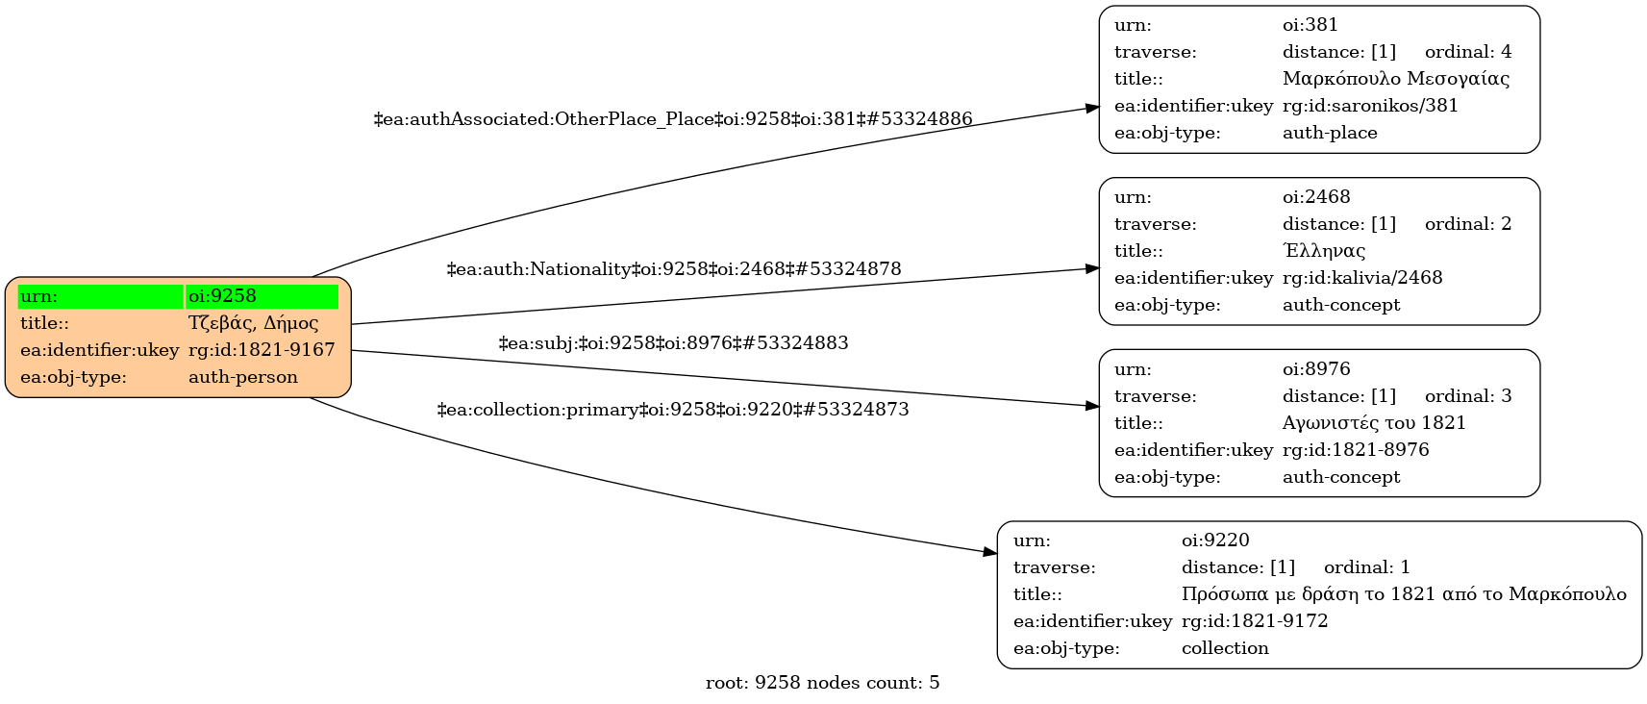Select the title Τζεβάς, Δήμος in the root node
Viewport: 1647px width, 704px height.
click(x=253, y=323)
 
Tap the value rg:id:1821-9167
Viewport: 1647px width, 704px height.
click(x=262, y=350)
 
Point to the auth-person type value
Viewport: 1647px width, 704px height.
click(x=242, y=377)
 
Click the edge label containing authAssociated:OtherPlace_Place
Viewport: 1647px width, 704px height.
click(x=673, y=118)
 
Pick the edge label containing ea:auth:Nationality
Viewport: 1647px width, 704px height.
click(x=673, y=269)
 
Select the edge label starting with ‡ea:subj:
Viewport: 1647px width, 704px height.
click(x=673, y=342)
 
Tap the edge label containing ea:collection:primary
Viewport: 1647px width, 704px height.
click(x=673, y=409)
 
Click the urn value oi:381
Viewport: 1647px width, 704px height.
click(x=1310, y=25)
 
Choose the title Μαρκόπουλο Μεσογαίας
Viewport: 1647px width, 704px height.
click(x=1395, y=79)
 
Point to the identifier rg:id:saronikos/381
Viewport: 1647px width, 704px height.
click(x=1370, y=106)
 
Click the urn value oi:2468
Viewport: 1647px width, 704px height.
click(x=1316, y=197)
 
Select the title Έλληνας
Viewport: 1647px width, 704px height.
click(x=1324, y=251)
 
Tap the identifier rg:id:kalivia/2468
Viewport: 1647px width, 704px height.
click(x=1362, y=278)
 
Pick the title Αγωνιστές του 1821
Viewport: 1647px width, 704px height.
click(x=1374, y=423)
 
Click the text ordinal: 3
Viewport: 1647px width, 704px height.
click(x=1467, y=396)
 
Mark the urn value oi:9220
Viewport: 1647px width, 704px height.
click(x=1215, y=541)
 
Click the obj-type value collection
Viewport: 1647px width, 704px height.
click(x=1225, y=648)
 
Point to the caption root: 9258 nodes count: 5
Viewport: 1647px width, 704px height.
click(x=823, y=683)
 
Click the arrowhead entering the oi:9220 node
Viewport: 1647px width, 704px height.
click(x=990, y=552)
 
